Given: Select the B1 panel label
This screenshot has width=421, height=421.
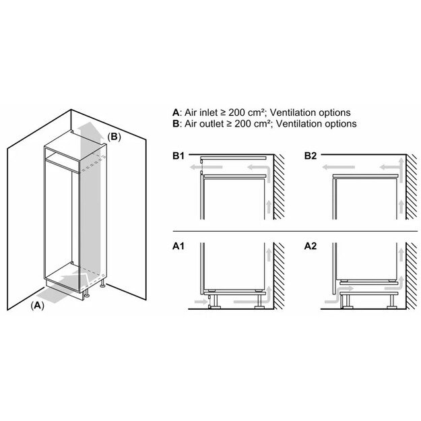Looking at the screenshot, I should click(x=178, y=157).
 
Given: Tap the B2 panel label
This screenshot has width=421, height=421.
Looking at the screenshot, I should click(x=310, y=157).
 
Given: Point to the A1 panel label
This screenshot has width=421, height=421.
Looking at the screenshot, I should click(x=178, y=247).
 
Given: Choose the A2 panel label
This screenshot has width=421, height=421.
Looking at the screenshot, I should click(x=310, y=247).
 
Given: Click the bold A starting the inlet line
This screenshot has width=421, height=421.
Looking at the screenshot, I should click(x=176, y=112).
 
